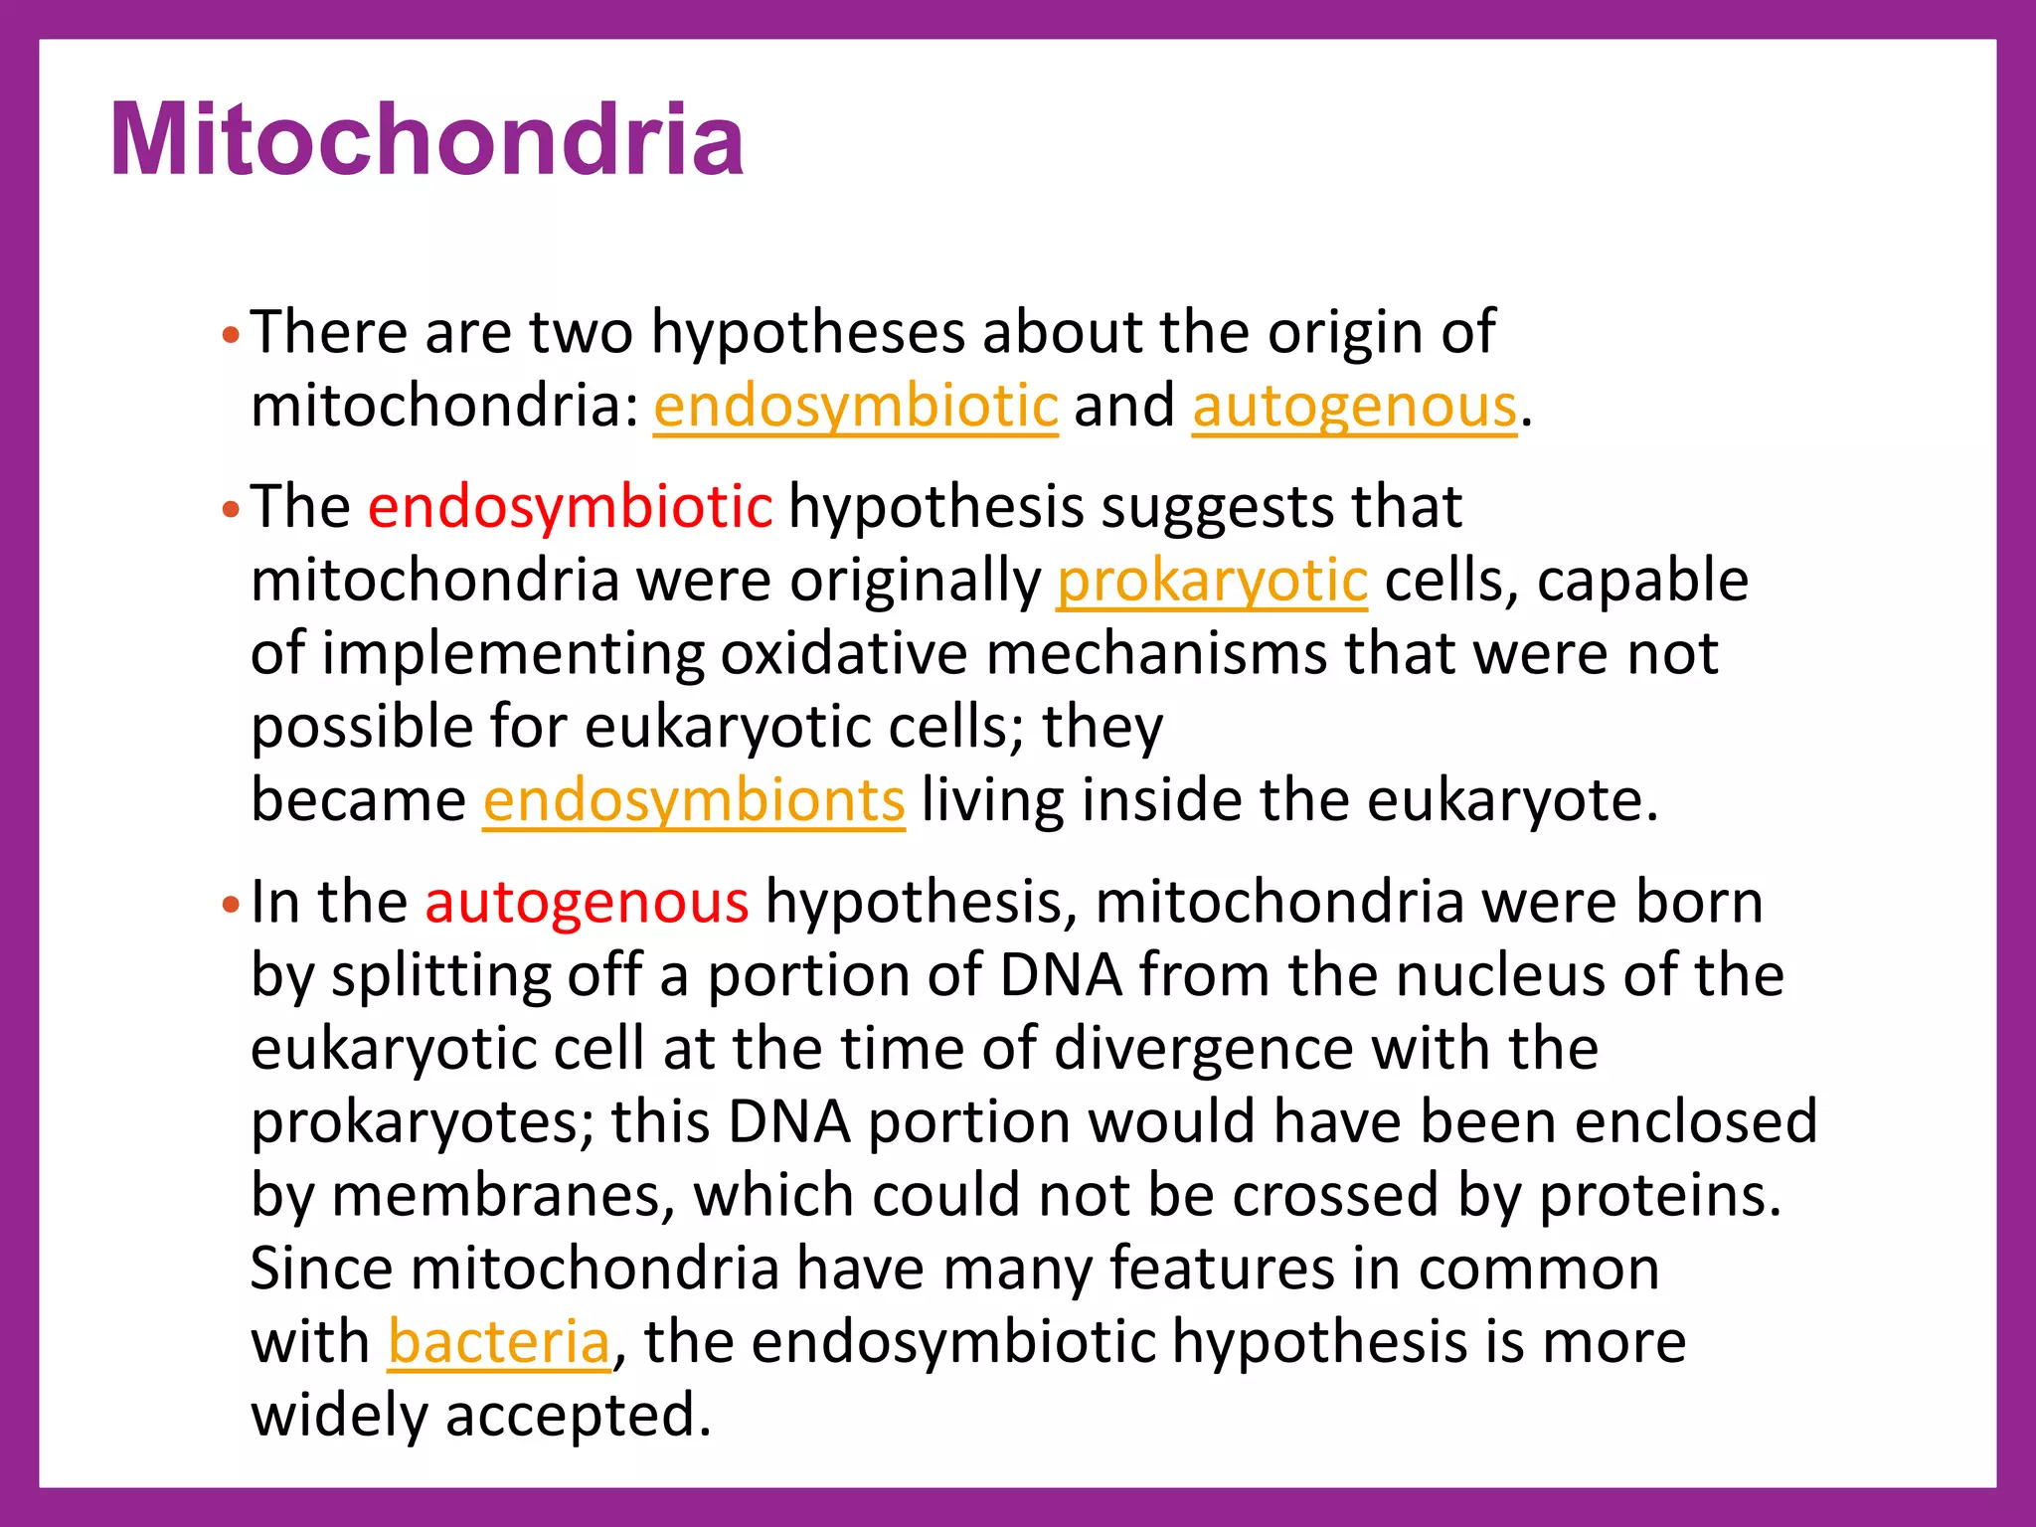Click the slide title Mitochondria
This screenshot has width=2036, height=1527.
click(x=427, y=141)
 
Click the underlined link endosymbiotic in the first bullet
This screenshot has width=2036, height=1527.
click(x=855, y=407)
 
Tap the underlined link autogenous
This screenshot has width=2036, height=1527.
click(x=1354, y=407)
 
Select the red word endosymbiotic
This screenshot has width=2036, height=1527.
click(x=570, y=507)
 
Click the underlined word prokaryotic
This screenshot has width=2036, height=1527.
click(x=1212, y=581)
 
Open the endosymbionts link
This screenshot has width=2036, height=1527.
click(x=694, y=800)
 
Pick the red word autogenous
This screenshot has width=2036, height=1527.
click(x=587, y=903)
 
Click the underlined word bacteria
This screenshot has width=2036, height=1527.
click(x=498, y=1342)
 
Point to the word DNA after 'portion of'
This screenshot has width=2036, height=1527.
click(x=1061, y=975)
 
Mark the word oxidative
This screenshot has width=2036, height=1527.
click(x=843, y=654)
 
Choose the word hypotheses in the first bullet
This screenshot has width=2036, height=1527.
click(x=807, y=332)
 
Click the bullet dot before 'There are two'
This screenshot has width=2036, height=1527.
click(x=231, y=335)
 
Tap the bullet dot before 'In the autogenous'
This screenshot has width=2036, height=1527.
click(x=231, y=906)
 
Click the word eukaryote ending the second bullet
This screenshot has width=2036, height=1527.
click(x=1510, y=800)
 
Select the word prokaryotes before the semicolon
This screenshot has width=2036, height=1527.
click(x=421, y=1122)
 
